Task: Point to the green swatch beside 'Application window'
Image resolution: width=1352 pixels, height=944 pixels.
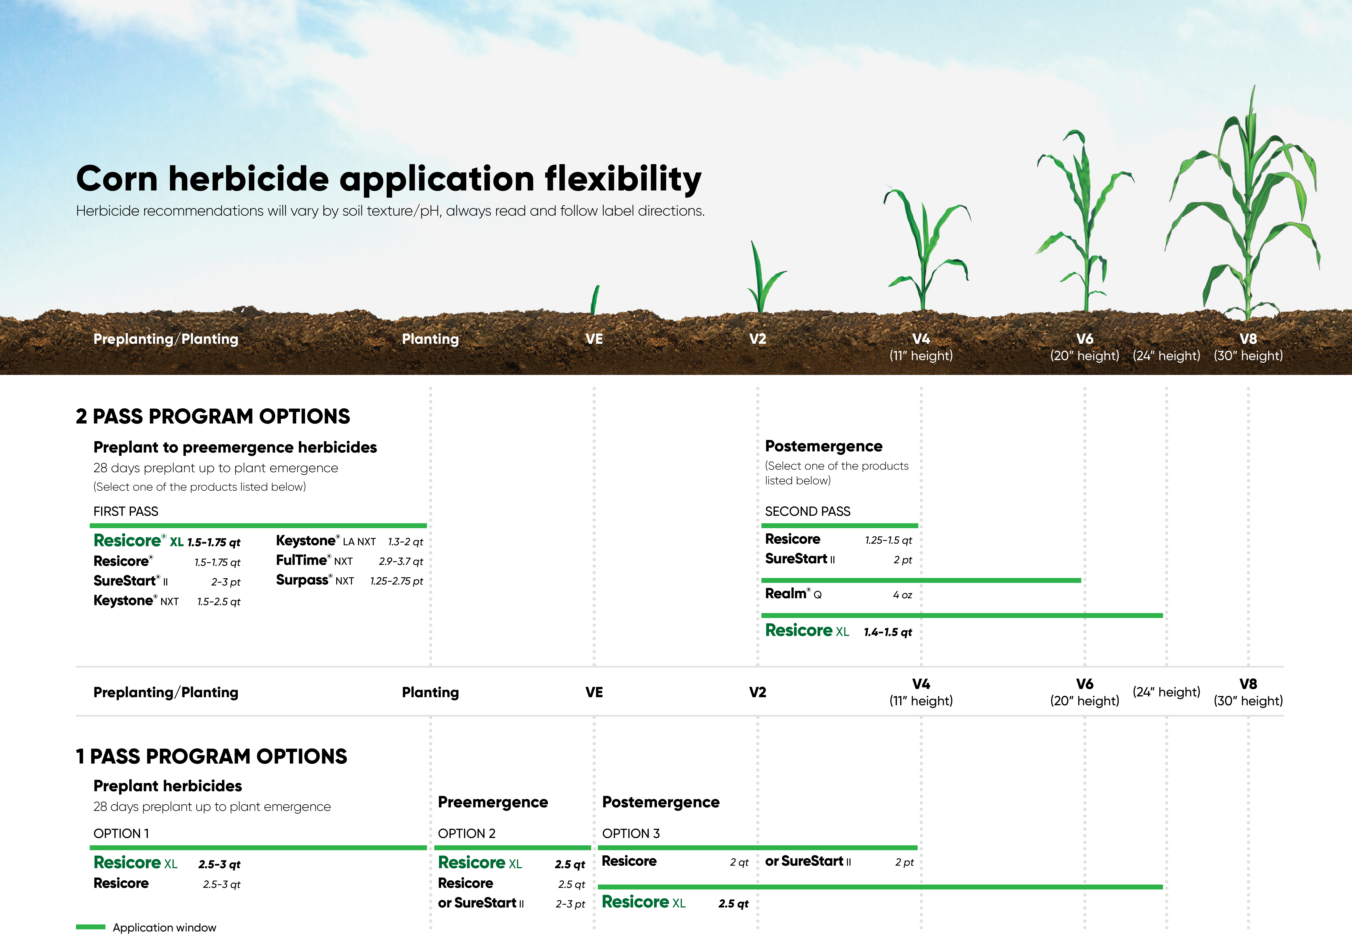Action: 91,927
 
